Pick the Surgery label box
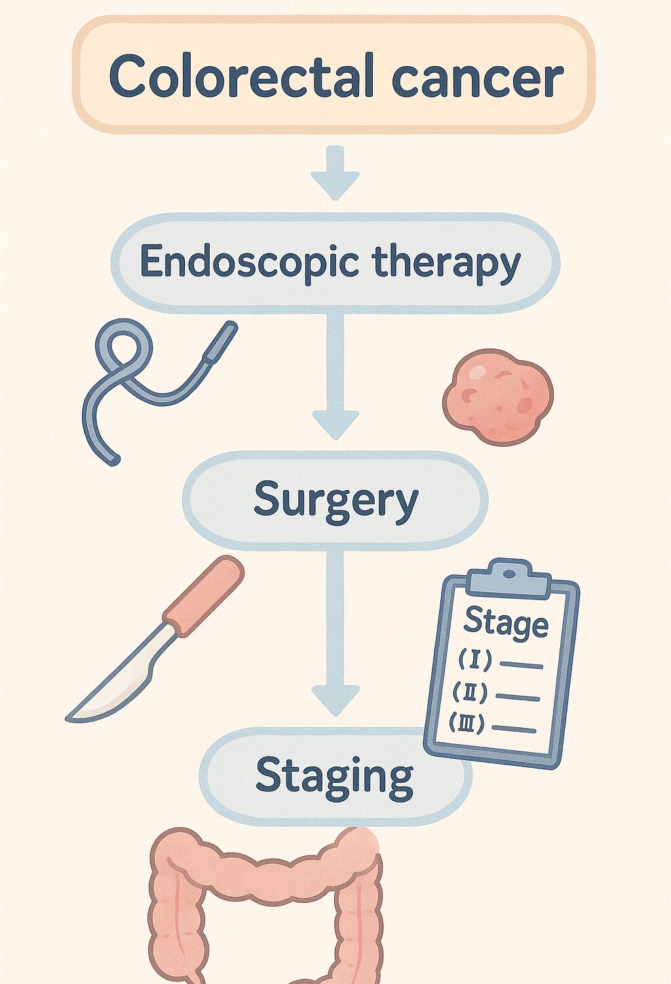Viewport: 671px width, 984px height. pyautogui.click(x=335, y=501)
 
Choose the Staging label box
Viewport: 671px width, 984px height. pyautogui.click(x=334, y=776)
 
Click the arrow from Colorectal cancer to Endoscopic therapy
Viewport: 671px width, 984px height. pyautogui.click(x=335, y=174)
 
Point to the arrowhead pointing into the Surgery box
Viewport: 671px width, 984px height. pyautogui.click(x=335, y=423)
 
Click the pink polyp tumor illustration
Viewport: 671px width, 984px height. pyautogui.click(x=498, y=396)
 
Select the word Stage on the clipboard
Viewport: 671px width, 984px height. pyautogui.click(x=505, y=622)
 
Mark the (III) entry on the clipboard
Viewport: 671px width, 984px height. pyautogui.click(x=467, y=723)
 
